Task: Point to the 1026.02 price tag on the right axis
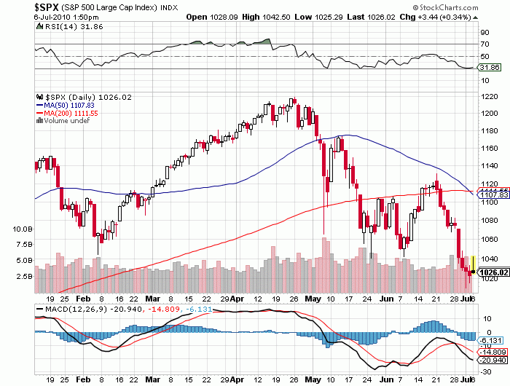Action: click(489, 272)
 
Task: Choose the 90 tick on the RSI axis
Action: click(482, 33)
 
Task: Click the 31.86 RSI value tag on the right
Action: click(486, 68)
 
